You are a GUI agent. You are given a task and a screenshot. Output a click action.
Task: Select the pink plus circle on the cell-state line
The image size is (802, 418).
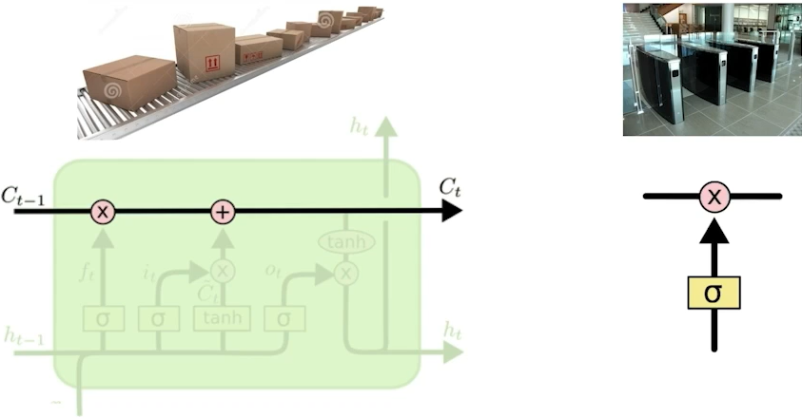click(x=221, y=212)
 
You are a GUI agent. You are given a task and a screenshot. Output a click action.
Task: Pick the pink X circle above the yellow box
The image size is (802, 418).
click(x=714, y=197)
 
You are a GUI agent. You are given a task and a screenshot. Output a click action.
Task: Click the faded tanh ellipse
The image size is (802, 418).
click(x=345, y=243)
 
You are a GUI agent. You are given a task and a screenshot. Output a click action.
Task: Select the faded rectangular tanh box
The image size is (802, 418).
click(x=221, y=318)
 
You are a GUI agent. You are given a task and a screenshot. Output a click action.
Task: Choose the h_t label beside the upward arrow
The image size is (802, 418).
click(x=358, y=125)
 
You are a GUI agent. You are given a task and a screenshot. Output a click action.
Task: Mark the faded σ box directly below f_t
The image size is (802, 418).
click(x=102, y=318)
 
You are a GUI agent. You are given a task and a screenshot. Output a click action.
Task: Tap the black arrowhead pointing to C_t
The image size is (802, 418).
click(x=450, y=212)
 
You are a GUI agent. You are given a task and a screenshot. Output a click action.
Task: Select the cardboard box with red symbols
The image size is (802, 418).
click(x=204, y=51)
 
